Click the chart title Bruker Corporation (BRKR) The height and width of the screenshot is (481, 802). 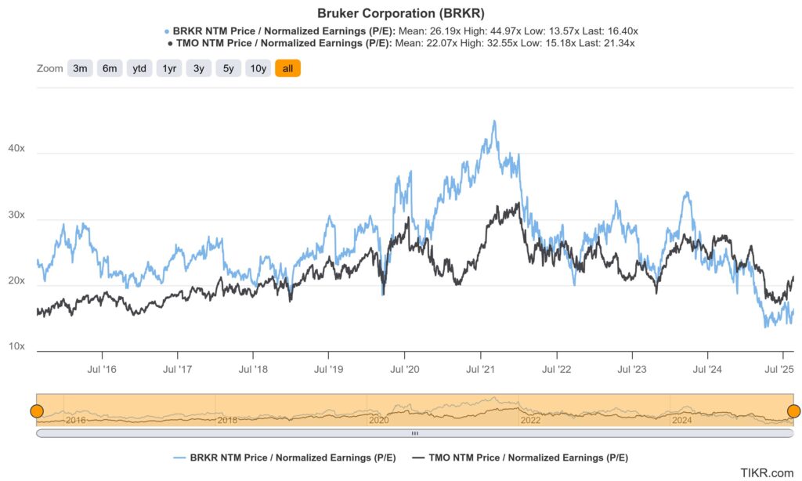(x=400, y=13)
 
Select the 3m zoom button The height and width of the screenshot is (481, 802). (x=80, y=68)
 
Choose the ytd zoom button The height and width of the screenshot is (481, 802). (x=139, y=68)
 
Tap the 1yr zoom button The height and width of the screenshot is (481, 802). (x=168, y=68)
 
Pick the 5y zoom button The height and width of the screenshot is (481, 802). (x=228, y=68)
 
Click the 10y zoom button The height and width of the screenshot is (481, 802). (x=258, y=68)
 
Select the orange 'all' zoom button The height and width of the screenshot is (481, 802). (x=287, y=68)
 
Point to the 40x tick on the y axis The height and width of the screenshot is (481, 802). (x=16, y=148)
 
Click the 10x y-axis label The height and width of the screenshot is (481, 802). (x=16, y=346)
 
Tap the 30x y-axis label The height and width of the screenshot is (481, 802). (x=16, y=215)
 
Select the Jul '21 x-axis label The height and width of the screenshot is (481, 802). (x=479, y=368)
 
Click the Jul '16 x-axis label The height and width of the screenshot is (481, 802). (x=101, y=368)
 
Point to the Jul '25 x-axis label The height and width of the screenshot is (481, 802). (x=779, y=368)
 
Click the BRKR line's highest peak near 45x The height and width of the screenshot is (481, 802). (x=493, y=121)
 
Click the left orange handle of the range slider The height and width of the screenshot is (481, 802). (x=36, y=411)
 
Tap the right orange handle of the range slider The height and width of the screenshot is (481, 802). (x=793, y=411)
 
